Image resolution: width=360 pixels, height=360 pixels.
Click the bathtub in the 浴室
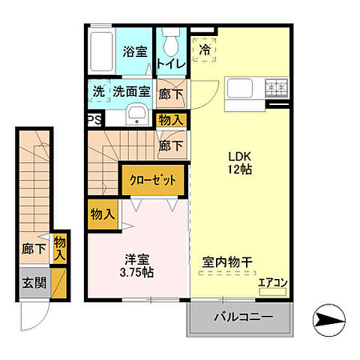point(100,52)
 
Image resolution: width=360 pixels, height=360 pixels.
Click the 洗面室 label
point(131,91)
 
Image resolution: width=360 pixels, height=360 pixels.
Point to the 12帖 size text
point(239,170)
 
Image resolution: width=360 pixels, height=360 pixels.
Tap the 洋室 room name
point(136,259)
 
